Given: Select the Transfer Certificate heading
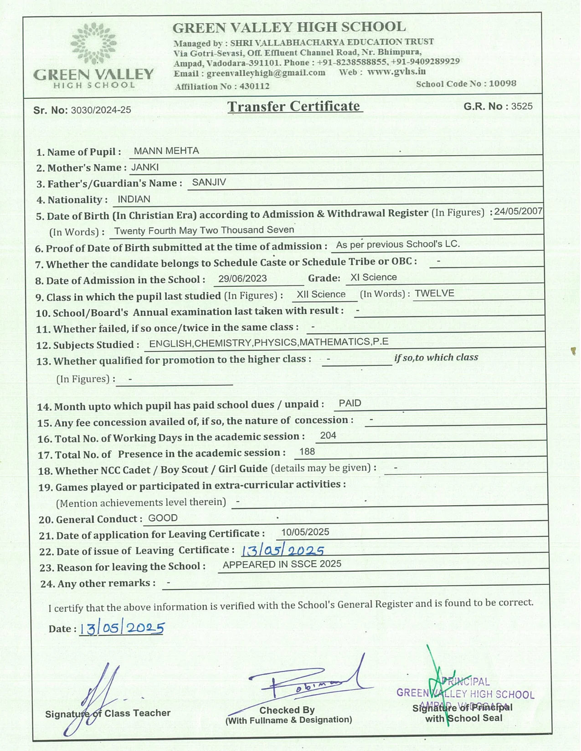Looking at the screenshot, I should click(294, 107).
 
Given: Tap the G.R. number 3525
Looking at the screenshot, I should click(522, 107).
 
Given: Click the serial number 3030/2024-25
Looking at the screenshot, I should click(101, 110).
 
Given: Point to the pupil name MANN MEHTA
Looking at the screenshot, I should click(166, 151).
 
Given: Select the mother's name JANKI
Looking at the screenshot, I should click(145, 167).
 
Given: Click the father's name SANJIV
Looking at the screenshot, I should click(209, 183).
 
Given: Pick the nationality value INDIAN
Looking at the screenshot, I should click(134, 199).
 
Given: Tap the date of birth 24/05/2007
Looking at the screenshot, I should click(518, 211).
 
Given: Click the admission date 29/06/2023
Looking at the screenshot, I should click(242, 279).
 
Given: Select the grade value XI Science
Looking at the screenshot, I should click(374, 277).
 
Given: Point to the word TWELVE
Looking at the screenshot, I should click(434, 294).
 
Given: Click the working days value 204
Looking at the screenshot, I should click(328, 436).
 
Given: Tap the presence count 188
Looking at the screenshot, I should click(307, 452).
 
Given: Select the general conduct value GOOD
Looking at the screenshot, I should click(163, 518).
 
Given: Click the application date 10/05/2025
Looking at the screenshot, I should click(305, 532).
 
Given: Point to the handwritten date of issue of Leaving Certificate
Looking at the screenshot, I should click(283, 551).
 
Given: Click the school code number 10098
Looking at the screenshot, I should click(503, 84).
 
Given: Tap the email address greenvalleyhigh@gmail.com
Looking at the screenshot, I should click(266, 73).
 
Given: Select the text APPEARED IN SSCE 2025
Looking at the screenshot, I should click(282, 564).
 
